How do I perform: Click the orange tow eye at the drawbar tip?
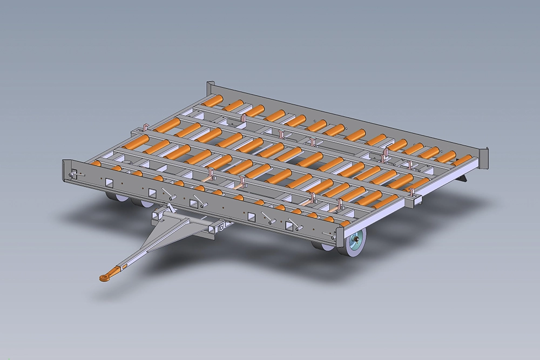pyautogui.click(x=104, y=277)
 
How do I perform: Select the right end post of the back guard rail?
pyautogui.click(x=484, y=158)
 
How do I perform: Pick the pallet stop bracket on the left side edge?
pyautogui.click(x=146, y=128)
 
